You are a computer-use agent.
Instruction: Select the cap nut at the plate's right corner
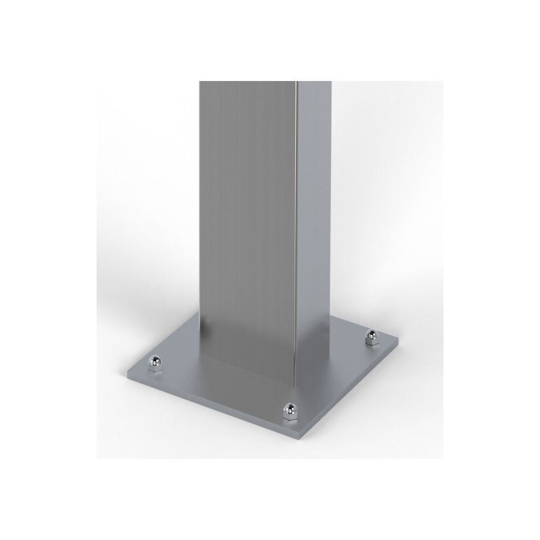(x=372, y=337)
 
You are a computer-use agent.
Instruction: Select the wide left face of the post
(x=248, y=216)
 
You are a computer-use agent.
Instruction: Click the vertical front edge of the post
(x=298, y=227)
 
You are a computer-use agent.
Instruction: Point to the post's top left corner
(x=200, y=82)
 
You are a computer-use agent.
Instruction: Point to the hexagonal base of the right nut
(x=372, y=342)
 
